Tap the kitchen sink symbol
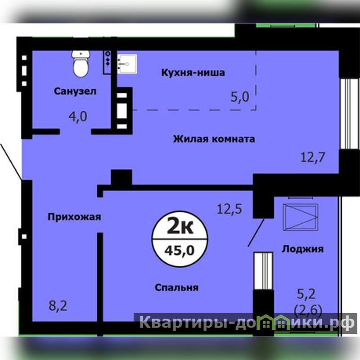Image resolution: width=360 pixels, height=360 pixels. (127, 64)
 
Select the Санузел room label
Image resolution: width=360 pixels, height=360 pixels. (75, 91)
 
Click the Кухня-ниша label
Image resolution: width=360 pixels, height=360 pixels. (193, 72)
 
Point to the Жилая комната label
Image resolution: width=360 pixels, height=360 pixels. (214, 139)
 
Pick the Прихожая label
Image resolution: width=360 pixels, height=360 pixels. (74, 217)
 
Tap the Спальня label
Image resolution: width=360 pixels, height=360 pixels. (176, 288)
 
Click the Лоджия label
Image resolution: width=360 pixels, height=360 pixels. (302, 249)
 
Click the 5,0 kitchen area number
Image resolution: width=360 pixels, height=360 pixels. (240, 97)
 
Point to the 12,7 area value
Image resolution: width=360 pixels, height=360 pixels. (313, 157)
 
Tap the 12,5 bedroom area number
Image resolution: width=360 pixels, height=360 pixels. (229, 209)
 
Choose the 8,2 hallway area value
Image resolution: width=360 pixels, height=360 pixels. (58, 306)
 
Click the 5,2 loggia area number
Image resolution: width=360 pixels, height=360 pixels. (306, 294)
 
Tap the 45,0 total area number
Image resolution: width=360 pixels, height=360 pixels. (180, 250)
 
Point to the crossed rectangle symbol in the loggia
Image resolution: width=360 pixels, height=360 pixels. (301, 217)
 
